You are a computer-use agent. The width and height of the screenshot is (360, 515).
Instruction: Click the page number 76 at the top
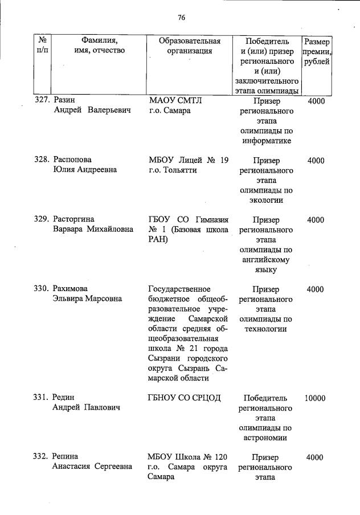click(x=181, y=18)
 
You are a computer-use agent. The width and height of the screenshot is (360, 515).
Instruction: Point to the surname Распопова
click(x=72, y=161)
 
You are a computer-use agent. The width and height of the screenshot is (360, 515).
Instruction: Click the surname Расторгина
click(x=73, y=220)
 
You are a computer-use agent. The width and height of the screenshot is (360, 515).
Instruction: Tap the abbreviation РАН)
click(x=159, y=240)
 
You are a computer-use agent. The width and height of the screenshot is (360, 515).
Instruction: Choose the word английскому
click(x=265, y=260)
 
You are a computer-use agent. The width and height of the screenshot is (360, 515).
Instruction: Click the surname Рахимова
click(x=71, y=289)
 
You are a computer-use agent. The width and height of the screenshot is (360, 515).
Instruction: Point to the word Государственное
click(x=179, y=289)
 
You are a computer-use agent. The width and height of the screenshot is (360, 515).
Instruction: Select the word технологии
click(x=265, y=329)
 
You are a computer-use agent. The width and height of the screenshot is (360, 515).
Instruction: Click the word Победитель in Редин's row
click(x=265, y=398)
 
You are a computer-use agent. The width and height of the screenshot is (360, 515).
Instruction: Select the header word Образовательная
click(x=189, y=41)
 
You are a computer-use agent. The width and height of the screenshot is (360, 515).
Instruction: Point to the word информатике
click(x=265, y=141)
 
